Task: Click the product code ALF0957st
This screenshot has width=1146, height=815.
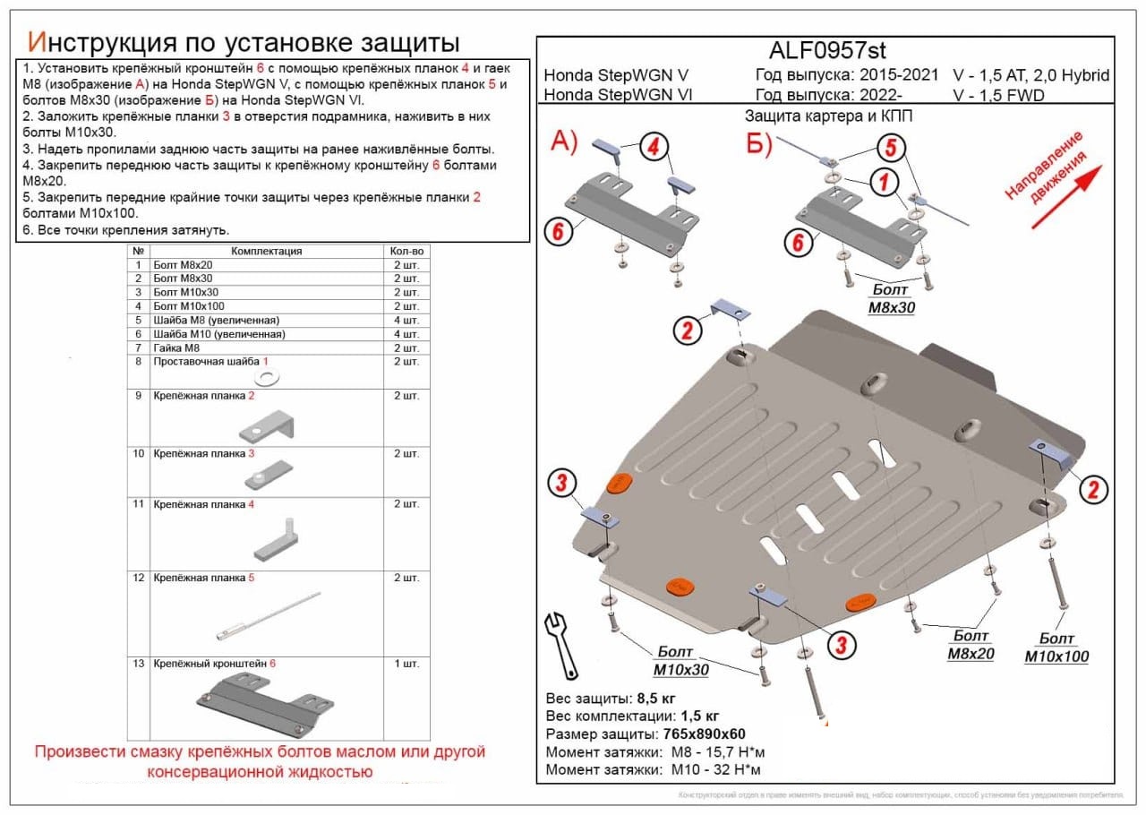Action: [x=827, y=50]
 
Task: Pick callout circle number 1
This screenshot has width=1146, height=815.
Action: [x=885, y=184]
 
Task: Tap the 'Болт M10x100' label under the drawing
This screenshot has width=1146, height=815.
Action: [x=1056, y=648]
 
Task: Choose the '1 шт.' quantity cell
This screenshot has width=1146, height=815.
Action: [x=406, y=665]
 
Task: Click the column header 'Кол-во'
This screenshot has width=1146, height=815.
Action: [x=406, y=252]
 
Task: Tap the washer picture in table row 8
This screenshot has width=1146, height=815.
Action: [x=266, y=375]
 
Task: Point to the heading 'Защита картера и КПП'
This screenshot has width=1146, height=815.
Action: [x=828, y=116]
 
